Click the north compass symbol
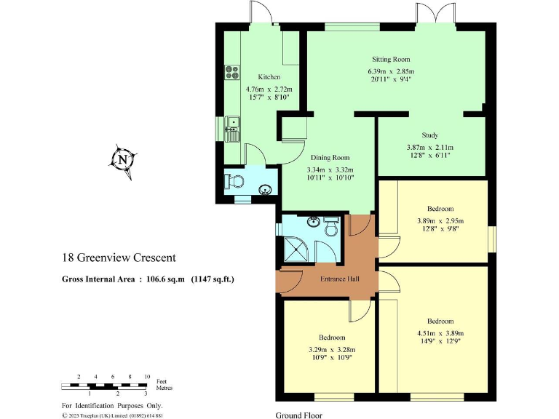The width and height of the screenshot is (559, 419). (123, 159)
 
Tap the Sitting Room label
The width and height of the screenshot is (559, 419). (391, 60)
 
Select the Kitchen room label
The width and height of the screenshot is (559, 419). (269, 77)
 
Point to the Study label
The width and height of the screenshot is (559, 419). (429, 135)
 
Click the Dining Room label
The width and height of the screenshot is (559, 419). (330, 157)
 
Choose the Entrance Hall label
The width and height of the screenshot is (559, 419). (340, 278)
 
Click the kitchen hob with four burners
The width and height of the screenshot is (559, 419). (233, 71)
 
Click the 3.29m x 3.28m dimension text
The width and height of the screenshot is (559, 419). (331, 350)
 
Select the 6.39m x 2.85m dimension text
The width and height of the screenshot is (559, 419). (391, 71)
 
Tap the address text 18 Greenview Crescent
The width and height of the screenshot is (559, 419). (119, 258)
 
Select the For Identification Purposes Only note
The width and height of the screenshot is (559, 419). (112, 405)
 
